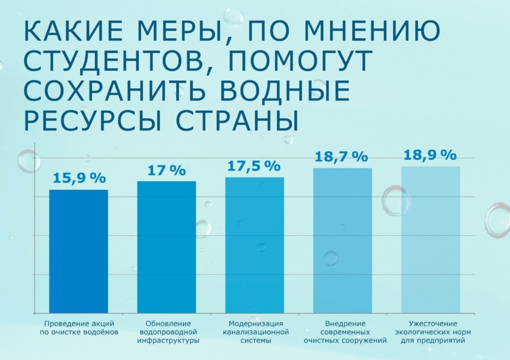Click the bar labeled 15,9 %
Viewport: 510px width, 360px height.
point(78,251)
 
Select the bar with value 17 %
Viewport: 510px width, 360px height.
point(166,247)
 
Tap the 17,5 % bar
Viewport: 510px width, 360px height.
point(255,245)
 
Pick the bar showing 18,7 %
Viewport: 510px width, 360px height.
point(342,240)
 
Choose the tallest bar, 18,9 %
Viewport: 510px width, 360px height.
point(430,240)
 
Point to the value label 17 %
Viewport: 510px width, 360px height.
point(166,170)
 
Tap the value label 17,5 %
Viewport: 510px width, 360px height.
point(254,166)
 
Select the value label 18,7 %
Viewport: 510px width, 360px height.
point(341,156)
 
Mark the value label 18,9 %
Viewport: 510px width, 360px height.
point(429,155)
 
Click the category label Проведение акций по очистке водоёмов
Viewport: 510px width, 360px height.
point(78,327)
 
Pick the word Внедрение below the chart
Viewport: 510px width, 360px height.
point(342,323)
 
